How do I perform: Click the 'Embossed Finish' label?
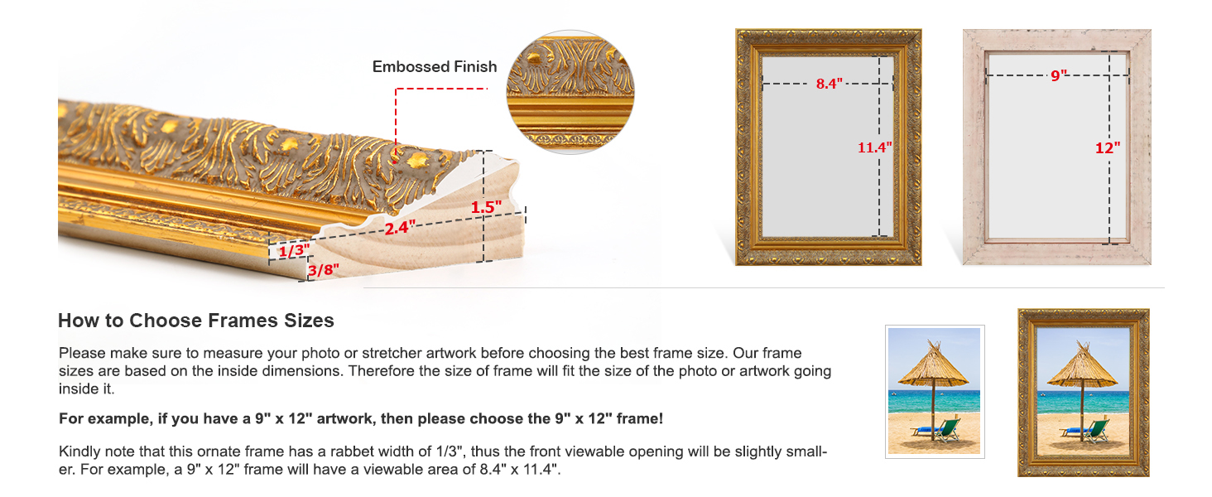(435, 67)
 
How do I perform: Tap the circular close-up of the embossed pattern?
(570, 91)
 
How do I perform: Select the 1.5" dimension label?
(487, 207)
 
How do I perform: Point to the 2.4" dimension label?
(400, 227)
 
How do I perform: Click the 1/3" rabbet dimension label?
(293, 250)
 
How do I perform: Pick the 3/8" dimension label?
(323, 270)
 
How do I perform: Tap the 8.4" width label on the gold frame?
(829, 84)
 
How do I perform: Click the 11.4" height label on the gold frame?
(874, 147)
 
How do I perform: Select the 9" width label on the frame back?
(1058, 75)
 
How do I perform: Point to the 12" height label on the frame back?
(1108, 147)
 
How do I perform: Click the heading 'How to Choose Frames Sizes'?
(196, 321)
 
